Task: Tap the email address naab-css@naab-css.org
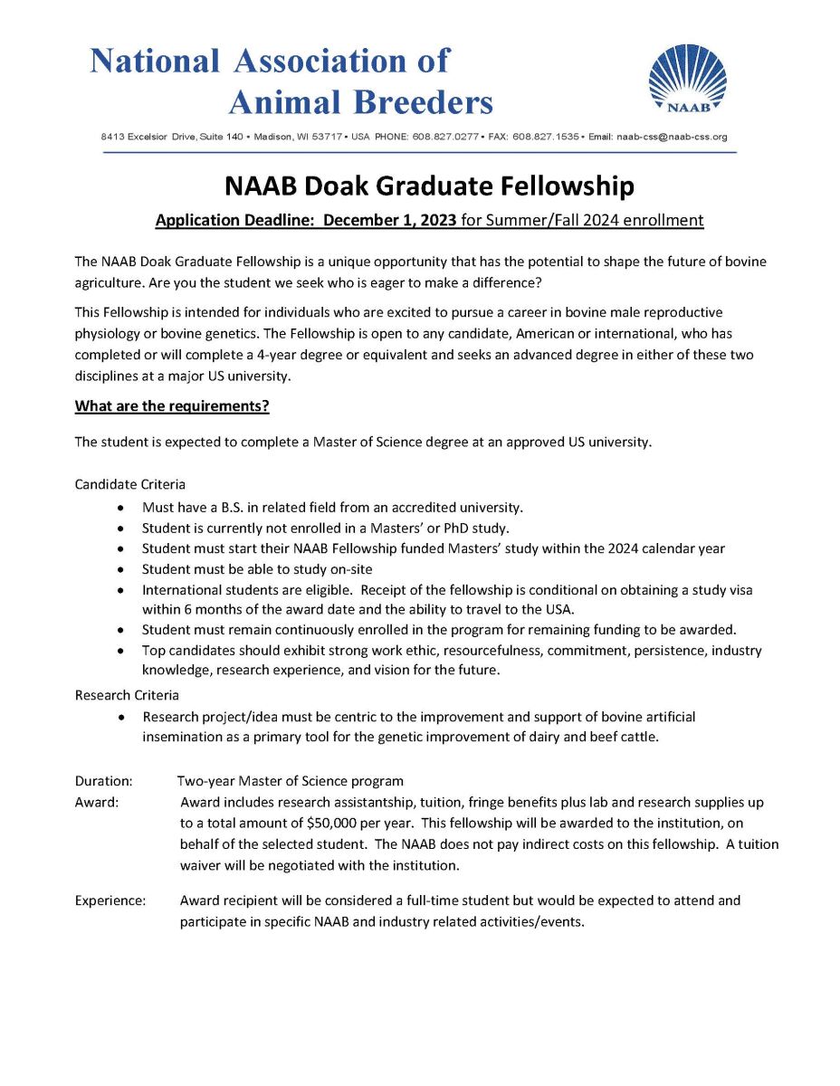(x=672, y=138)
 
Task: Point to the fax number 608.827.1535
(x=544, y=138)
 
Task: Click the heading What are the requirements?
(x=172, y=405)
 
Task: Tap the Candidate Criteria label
(x=129, y=484)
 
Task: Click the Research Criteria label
(x=127, y=695)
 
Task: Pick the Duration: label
(x=104, y=780)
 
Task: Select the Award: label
(x=97, y=802)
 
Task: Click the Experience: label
(x=110, y=900)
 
